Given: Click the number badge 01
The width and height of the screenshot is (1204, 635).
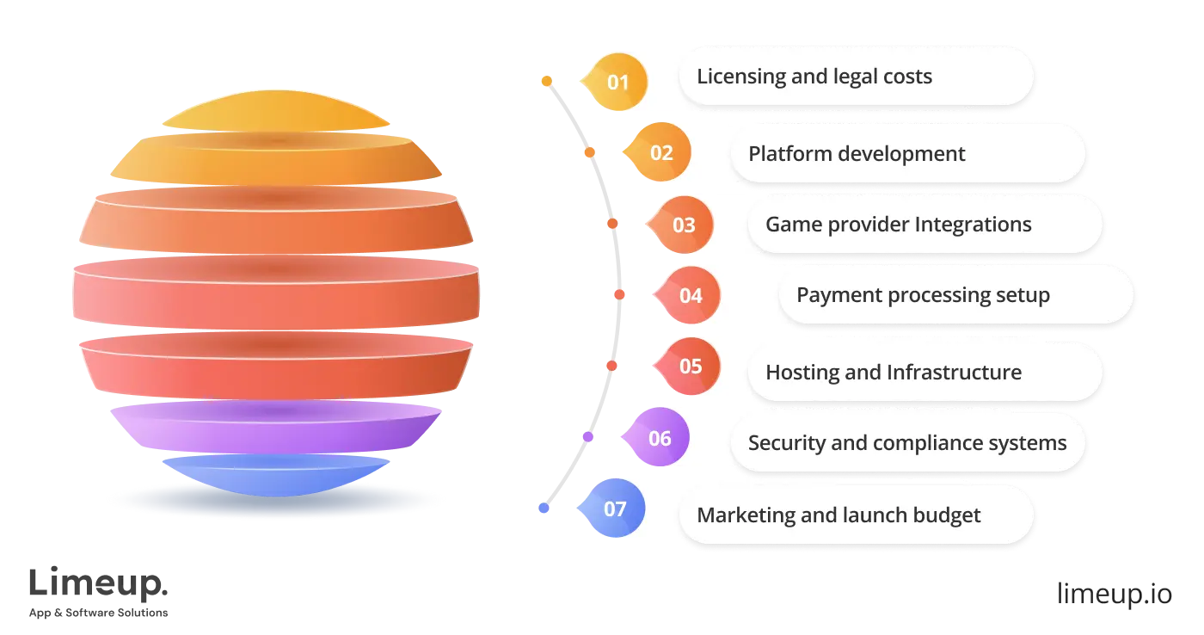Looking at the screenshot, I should point(617,83).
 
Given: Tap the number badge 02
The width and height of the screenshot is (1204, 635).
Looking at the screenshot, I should point(660,153).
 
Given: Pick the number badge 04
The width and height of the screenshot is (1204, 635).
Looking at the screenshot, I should point(690,296).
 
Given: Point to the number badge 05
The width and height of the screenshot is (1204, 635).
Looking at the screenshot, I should point(690,367).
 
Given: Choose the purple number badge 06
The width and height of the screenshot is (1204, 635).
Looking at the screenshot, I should point(658,438).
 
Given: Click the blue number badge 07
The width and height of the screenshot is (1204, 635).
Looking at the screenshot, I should point(614,509).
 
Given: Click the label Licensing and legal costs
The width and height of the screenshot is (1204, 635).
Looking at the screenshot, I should point(814,77).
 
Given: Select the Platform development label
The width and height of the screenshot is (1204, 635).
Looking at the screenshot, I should point(857,154).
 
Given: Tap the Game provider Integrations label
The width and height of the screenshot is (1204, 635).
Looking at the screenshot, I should point(898,225).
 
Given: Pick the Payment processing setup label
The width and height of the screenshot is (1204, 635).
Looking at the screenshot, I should point(923,295).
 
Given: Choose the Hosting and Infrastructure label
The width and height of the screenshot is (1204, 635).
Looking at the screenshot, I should point(894,373).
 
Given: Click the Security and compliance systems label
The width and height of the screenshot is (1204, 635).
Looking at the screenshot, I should point(906,443).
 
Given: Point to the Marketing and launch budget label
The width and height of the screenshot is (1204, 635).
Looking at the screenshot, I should point(838,515).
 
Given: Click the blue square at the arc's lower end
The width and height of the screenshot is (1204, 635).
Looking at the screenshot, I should point(543,509).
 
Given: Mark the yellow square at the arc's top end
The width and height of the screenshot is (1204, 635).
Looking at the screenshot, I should point(545,82).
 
